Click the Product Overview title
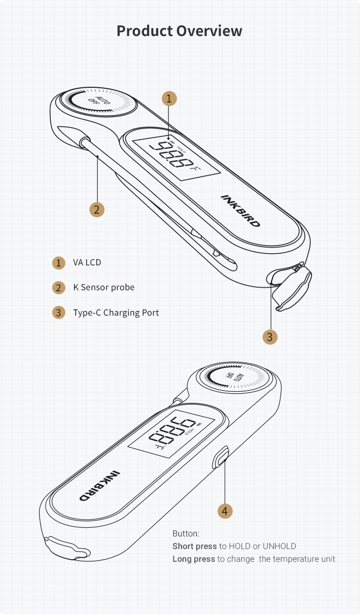click(179, 31)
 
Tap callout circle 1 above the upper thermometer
click(169, 98)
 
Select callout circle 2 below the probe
click(97, 210)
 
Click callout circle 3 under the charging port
click(270, 337)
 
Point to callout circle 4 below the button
click(225, 511)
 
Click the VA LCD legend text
click(87, 262)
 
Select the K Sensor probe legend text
click(104, 288)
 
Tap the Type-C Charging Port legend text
click(116, 313)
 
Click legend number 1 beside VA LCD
click(59, 263)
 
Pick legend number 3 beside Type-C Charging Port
click(59, 313)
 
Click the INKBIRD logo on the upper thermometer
click(241, 211)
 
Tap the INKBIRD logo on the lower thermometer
click(100, 486)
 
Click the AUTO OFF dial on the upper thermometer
click(98, 102)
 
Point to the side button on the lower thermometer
click(221, 457)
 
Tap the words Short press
click(195, 546)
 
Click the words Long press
click(194, 559)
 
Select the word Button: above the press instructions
click(186, 533)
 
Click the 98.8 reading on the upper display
click(171, 155)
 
